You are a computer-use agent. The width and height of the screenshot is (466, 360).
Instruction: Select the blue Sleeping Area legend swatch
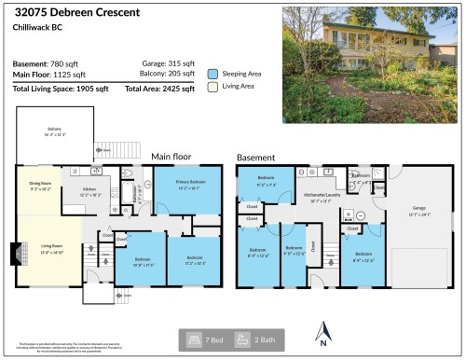(x=213, y=72)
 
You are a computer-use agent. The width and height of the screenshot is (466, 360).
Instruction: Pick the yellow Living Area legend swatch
(x=213, y=88)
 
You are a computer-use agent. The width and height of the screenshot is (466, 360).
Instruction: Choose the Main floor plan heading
(x=171, y=157)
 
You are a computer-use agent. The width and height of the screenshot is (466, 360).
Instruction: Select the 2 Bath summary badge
(x=256, y=339)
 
